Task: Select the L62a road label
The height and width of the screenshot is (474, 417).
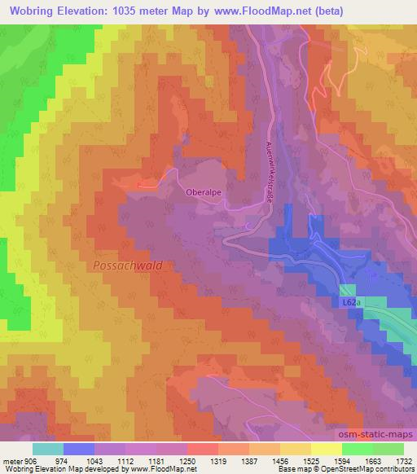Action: pos(350,302)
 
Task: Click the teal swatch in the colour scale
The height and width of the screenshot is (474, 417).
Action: pos(48,448)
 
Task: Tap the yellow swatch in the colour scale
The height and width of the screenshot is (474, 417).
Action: pos(327,448)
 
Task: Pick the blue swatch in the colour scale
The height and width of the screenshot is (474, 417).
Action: pos(79,448)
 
